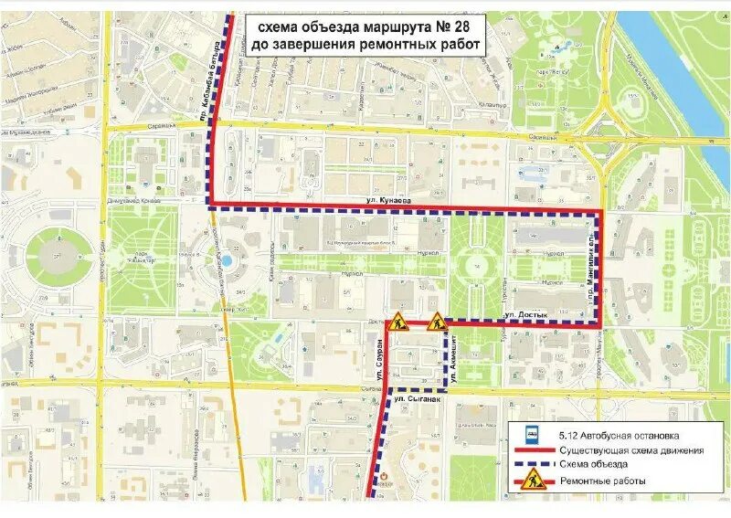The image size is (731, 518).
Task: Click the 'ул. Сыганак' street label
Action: (x=418, y=399)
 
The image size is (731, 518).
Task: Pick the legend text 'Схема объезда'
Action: (x=594, y=465)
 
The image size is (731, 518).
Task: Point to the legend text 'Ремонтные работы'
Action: (x=603, y=481)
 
